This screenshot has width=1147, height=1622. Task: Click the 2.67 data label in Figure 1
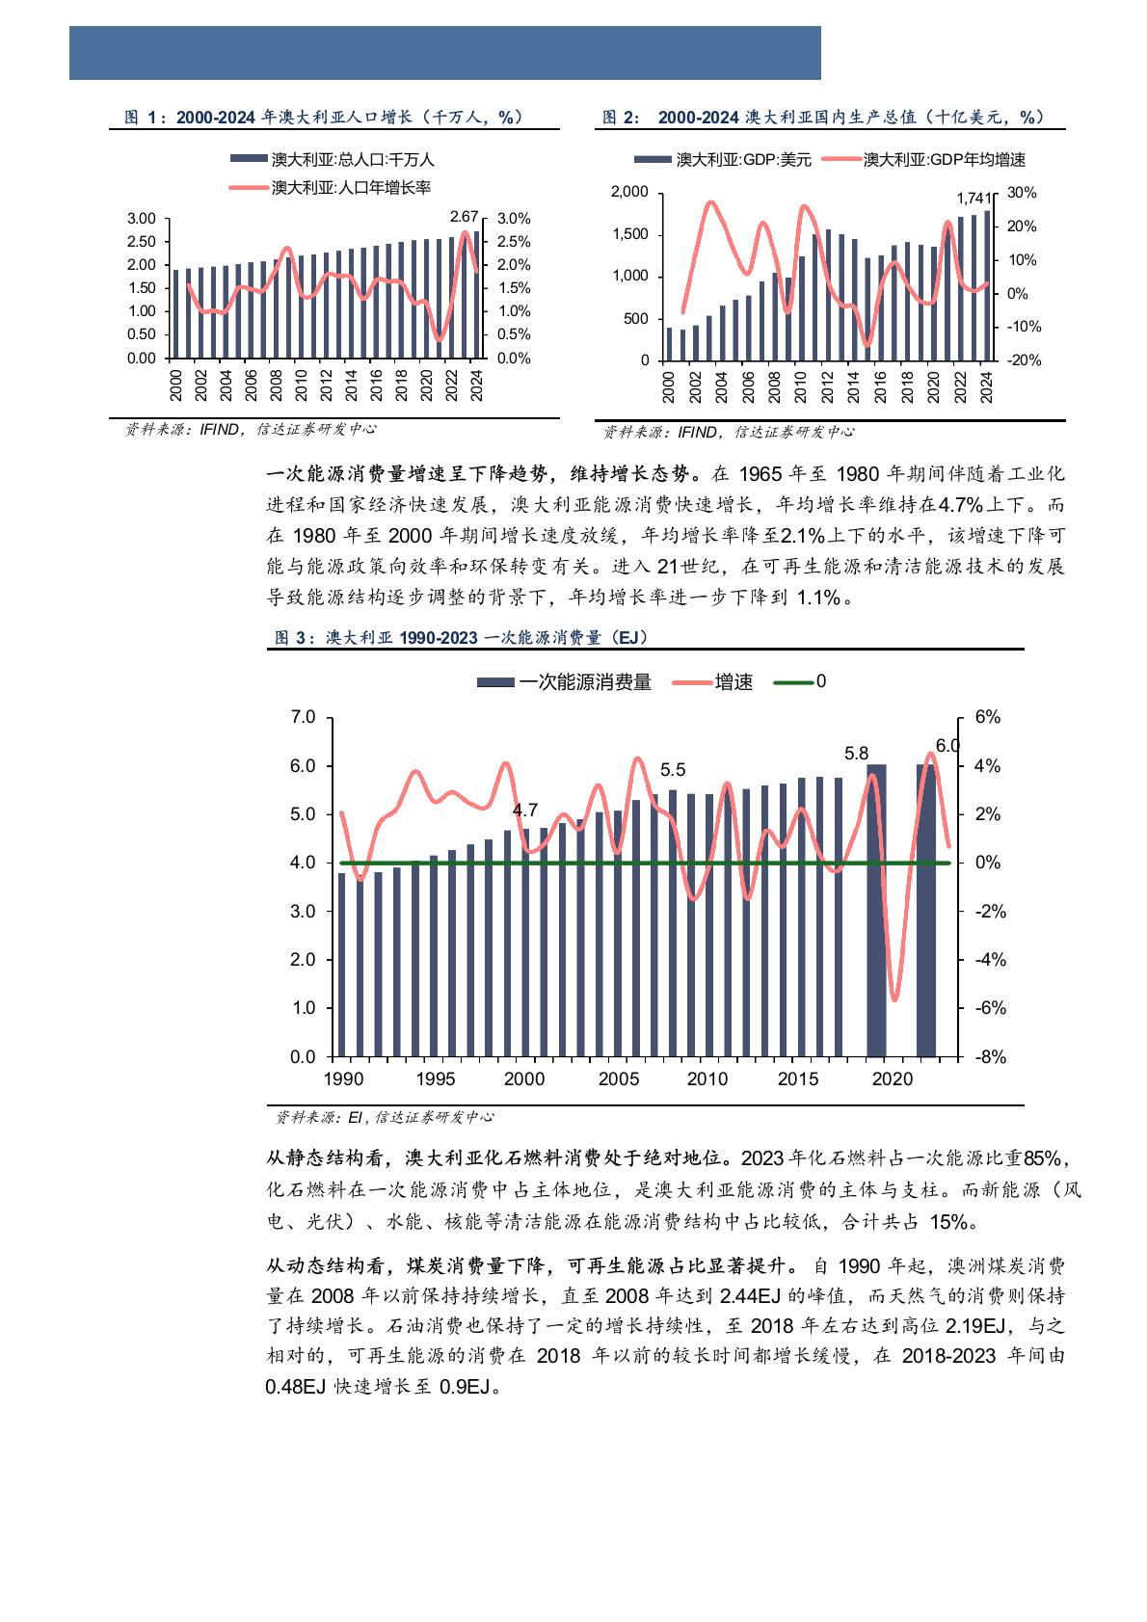pos(465,217)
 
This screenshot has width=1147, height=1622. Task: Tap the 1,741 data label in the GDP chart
pos(973,198)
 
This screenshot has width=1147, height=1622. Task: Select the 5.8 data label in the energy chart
pos(856,754)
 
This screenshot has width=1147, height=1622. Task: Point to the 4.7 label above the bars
pos(524,811)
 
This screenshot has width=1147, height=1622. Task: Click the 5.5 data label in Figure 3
pos(673,770)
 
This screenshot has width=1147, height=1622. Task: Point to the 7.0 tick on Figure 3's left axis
pos(303,717)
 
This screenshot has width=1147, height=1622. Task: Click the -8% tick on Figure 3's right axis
pos(990,1057)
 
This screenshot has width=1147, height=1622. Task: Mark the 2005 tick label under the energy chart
pos(618,1079)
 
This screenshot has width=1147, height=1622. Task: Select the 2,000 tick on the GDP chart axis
pos(629,192)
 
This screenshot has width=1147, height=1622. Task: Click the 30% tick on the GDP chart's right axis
pos(1022,193)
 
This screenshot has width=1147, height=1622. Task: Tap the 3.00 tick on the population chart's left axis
pos(141,219)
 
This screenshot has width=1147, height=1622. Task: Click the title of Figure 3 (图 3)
pos(463,637)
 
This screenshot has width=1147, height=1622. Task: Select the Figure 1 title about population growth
pos(325,117)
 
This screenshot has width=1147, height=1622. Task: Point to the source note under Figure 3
pos(385,1117)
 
